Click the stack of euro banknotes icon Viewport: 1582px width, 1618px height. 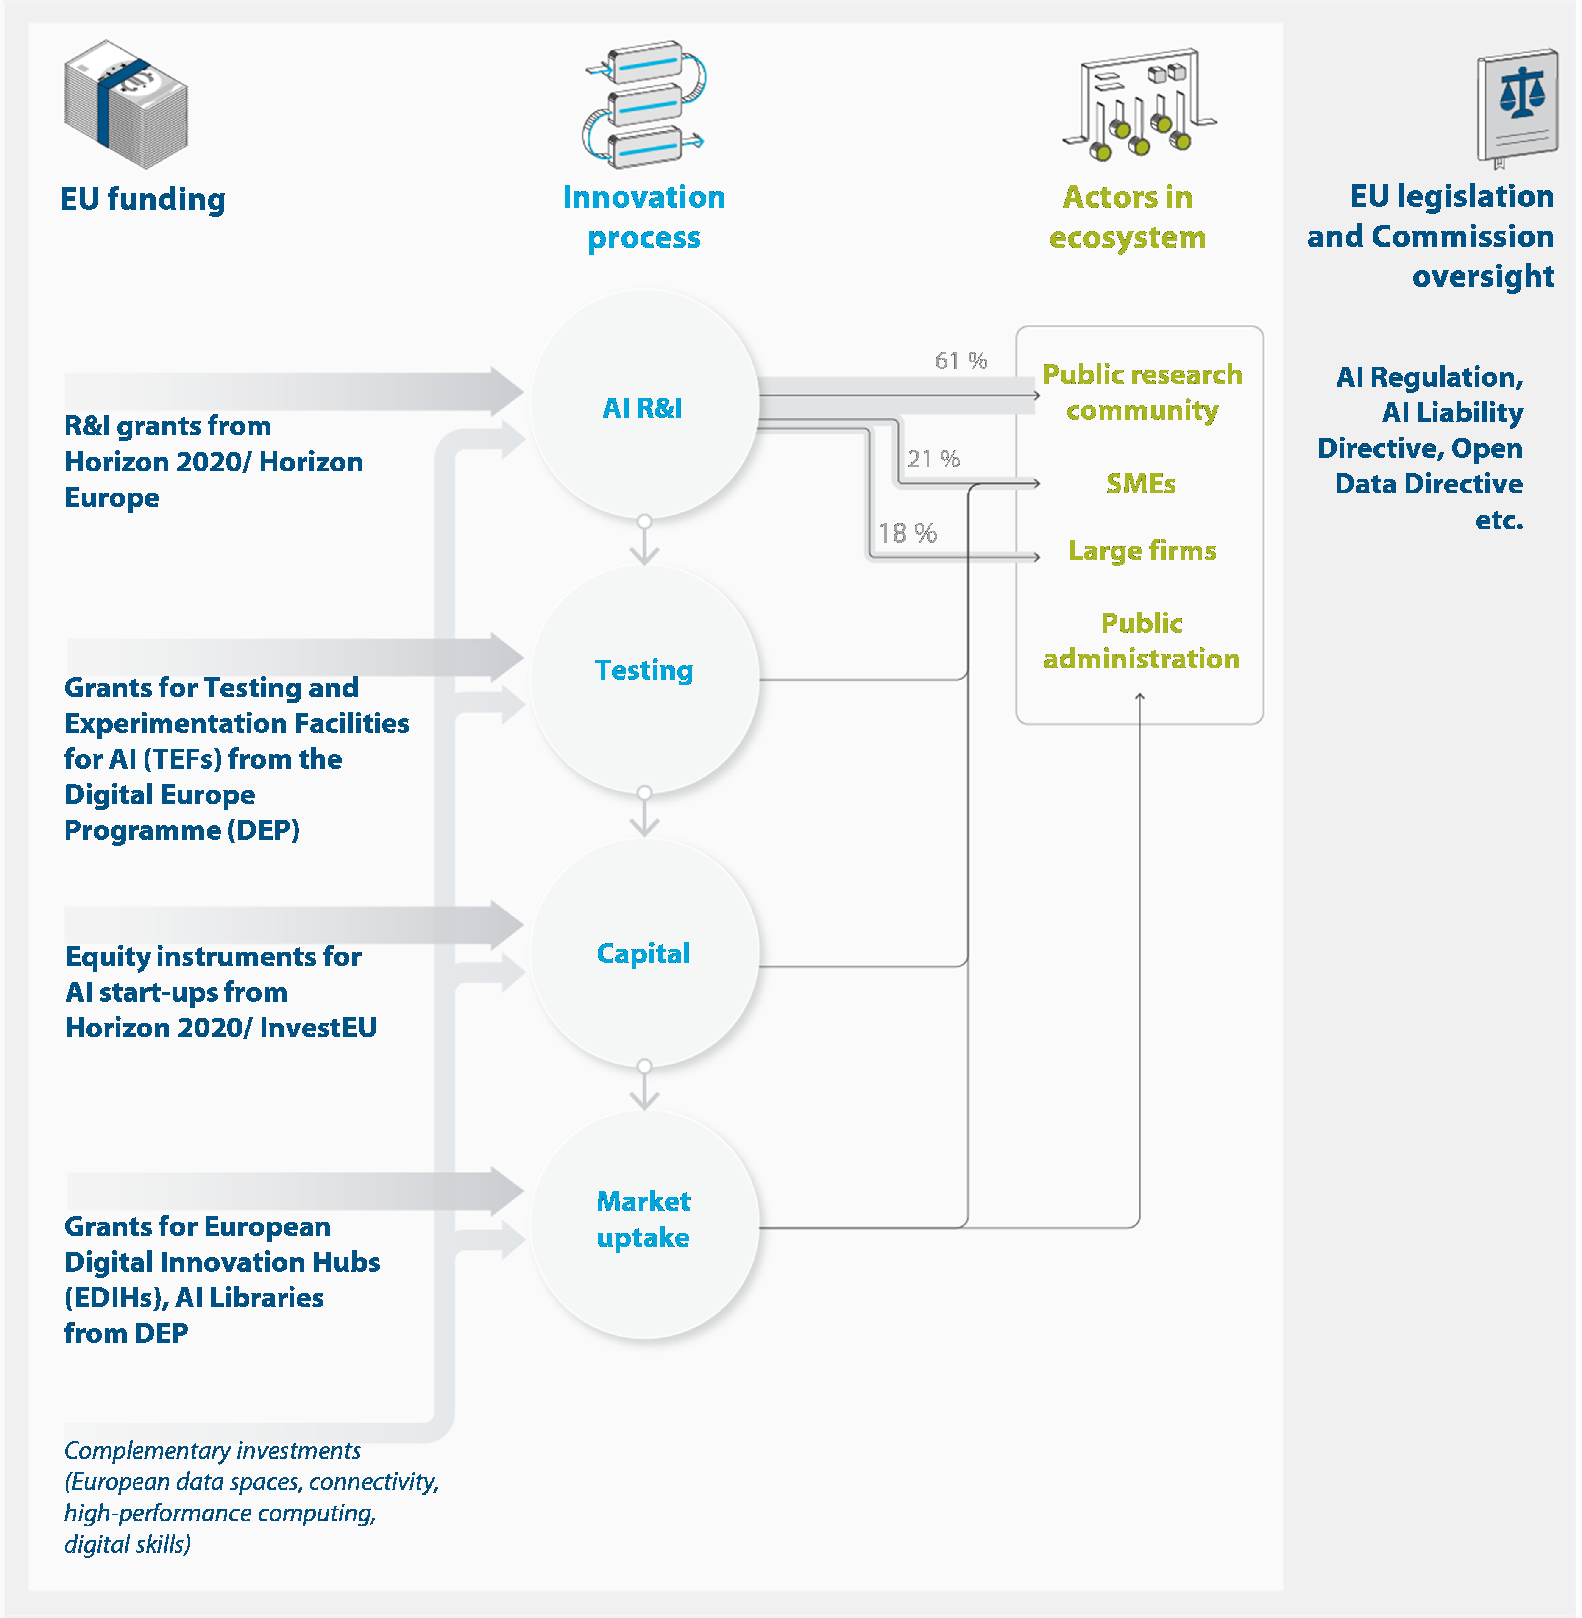pos(126,104)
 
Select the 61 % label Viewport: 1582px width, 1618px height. pos(961,361)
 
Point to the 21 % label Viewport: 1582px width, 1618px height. pos(933,459)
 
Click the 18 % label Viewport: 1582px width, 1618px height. pos(907,533)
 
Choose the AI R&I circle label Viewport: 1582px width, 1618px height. pos(642,408)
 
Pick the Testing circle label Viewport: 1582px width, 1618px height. pos(644,670)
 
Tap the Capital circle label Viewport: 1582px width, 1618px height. pos(643,953)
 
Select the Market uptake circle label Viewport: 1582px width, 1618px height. pos(643,1219)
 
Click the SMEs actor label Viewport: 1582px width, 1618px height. pos(1141,484)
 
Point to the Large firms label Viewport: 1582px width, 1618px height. pos(1142,550)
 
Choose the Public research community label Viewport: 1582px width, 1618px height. pos(1142,392)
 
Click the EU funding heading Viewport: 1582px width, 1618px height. pos(143,200)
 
